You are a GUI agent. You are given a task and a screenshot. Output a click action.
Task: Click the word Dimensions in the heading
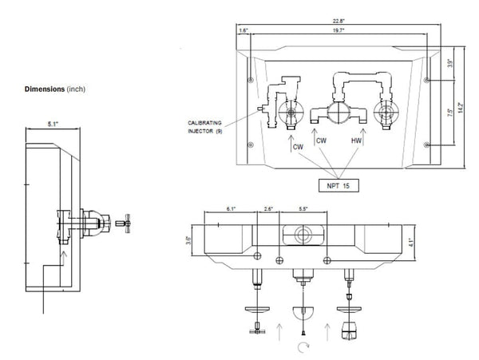pyautogui.click(x=45, y=89)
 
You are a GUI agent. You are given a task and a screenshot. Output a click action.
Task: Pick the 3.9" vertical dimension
pyautogui.click(x=450, y=64)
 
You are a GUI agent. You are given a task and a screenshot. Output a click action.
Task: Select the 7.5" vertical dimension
pyautogui.click(x=452, y=113)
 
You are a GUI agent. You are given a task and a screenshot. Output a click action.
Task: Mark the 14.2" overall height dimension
pyautogui.click(x=461, y=104)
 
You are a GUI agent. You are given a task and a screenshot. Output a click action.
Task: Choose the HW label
pyautogui.click(x=357, y=140)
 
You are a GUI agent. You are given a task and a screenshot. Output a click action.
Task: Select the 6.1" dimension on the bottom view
pyautogui.click(x=231, y=209)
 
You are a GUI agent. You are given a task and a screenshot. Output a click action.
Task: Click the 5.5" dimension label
pyautogui.click(x=303, y=209)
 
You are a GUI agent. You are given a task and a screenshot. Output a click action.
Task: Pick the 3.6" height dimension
pyautogui.click(x=189, y=238)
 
